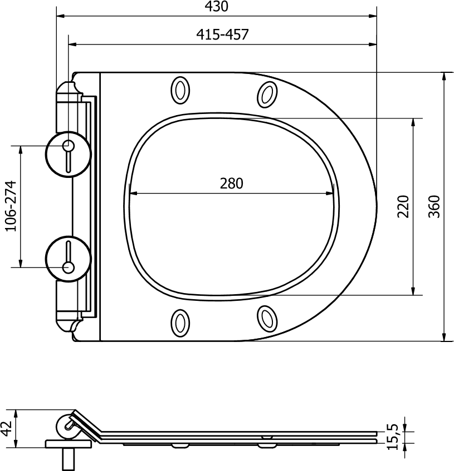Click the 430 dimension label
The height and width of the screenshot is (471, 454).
click(216, 6)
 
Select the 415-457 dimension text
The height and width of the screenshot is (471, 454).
click(222, 34)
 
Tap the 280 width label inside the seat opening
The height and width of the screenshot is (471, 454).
click(231, 184)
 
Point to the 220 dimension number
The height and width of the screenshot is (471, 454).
click(403, 206)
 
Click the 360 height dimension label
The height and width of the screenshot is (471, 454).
click(434, 206)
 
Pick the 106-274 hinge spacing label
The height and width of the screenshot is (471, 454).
click(11, 206)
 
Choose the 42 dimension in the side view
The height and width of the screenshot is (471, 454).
click(7, 428)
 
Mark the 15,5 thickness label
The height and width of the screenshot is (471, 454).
click(392, 437)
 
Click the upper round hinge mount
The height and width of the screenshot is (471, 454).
click(68, 154)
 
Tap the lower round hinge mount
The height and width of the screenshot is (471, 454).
click(68, 259)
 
